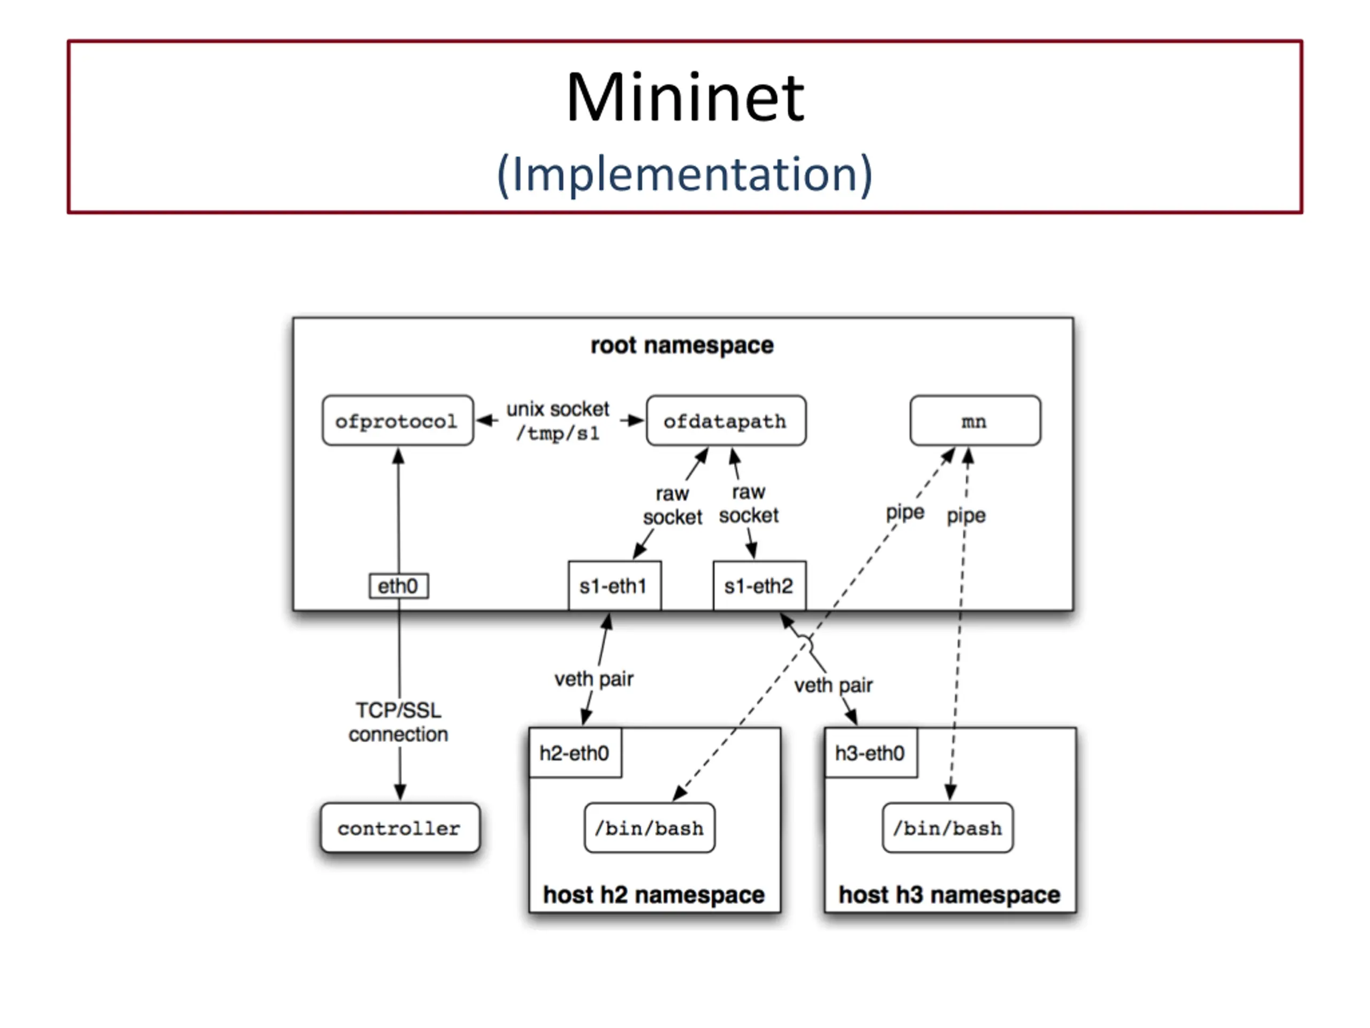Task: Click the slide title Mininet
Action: pyautogui.click(x=684, y=97)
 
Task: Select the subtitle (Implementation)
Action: pyautogui.click(x=684, y=174)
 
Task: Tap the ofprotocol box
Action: pyautogui.click(x=398, y=421)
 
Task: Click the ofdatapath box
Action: pyautogui.click(x=726, y=421)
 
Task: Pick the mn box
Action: pyautogui.click(x=975, y=421)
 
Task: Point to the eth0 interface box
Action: pyautogui.click(x=398, y=586)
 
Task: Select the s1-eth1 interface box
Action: pyautogui.click(x=614, y=586)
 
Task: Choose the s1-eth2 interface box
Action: pyautogui.click(x=759, y=586)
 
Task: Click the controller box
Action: pyautogui.click(x=399, y=828)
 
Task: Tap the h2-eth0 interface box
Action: pyautogui.click(x=575, y=753)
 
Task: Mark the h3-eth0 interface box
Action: pyautogui.click(x=870, y=753)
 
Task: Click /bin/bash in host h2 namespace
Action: pyautogui.click(x=649, y=828)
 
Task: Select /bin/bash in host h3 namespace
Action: pyautogui.click(x=948, y=828)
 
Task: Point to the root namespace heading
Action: pyautogui.click(x=682, y=345)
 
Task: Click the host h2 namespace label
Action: pyautogui.click(x=654, y=895)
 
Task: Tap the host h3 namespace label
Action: pyautogui.click(x=949, y=895)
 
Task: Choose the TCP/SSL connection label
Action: pyautogui.click(x=398, y=722)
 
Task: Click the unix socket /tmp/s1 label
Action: pyautogui.click(x=558, y=421)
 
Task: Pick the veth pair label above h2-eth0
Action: pyautogui.click(x=594, y=679)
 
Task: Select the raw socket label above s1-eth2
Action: pyautogui.click(x=749, y=503)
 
